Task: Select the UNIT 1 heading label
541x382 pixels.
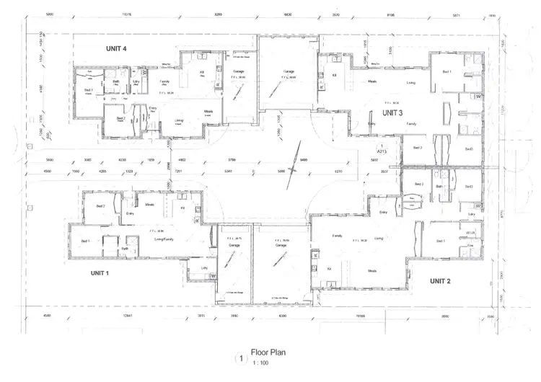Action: point(99,273)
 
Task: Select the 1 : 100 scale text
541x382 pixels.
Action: point(261,363)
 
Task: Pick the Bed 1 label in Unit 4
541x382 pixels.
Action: point(89,89)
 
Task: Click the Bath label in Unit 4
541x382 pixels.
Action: point(116,81)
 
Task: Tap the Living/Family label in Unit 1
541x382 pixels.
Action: point(166,239)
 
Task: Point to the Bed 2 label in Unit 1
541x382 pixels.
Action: point(100,206)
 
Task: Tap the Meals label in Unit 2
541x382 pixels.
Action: point(373,271)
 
